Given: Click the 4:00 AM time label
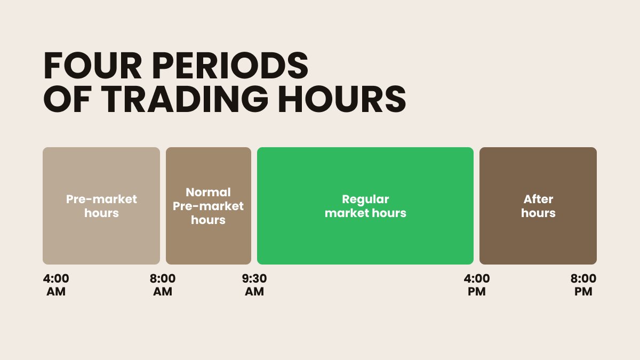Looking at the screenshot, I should point(56,285).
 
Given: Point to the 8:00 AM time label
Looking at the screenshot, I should point(163,285).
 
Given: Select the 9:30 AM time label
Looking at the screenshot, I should point(254,285).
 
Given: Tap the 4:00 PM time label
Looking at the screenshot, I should point(477,285).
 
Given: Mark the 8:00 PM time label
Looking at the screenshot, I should point(583,285).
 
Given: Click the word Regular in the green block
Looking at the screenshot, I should point(365,199).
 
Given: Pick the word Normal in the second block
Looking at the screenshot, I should point(209,193).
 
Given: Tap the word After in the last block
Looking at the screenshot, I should point(538,199).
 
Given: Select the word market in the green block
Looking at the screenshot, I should point(349,213).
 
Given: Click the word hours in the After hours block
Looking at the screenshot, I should point(538,213).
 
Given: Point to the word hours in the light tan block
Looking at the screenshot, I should point(101,213).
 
